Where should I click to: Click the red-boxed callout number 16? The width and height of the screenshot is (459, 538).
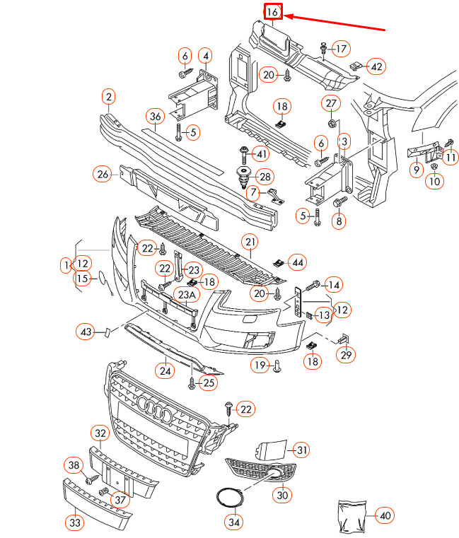[x=272, y=12]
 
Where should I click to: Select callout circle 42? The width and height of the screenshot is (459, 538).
[x=376, y=66]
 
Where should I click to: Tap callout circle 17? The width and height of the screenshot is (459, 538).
[x=342, y=49]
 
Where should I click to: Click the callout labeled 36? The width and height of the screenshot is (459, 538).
[x=156, y=117]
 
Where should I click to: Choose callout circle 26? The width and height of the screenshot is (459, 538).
[x=103, y=173]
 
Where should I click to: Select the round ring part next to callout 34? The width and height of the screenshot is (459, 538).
[x=228, y=498]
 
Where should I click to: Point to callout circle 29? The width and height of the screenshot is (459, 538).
[x=346, y=354]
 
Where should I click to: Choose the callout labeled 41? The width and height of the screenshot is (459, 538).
[x=261, y=154]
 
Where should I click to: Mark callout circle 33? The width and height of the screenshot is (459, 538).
[x=74, y=522]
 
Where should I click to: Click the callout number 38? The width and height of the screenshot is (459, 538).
[x=74, y=464]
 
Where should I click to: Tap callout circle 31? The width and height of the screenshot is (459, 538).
[x=302, y=450]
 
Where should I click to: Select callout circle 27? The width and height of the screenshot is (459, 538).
[x=332, y=104]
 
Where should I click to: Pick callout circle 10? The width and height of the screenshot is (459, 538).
[x=434, y=181]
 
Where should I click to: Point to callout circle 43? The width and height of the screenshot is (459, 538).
[x=86, y=332]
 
